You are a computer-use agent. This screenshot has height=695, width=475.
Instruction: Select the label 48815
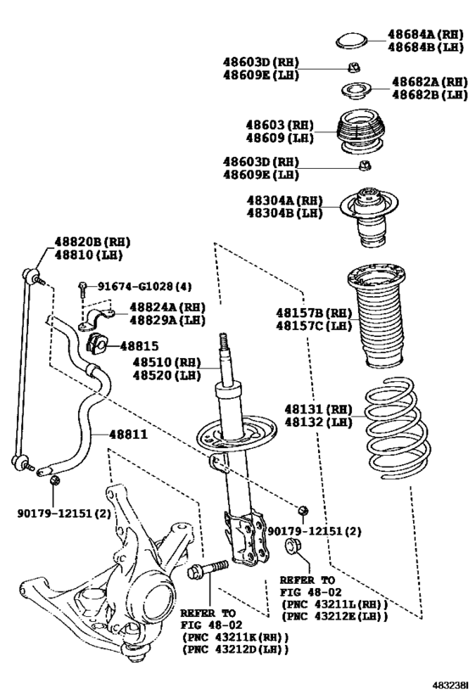coord(138,345)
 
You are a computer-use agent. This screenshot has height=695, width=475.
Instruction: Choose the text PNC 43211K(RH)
coord(235,636)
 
